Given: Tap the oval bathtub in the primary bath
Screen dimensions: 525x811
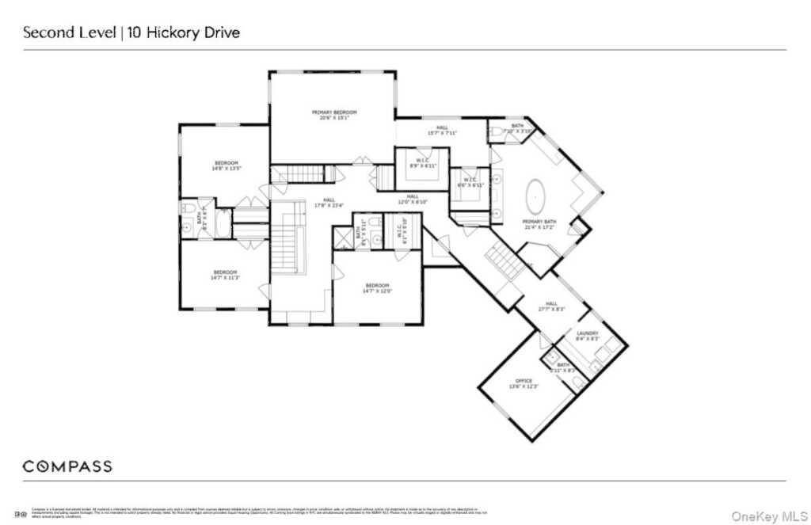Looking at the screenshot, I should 537,194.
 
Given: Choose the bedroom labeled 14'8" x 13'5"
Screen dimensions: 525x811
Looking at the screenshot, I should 226,165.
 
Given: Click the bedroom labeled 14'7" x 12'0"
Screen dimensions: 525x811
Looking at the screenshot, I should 377,287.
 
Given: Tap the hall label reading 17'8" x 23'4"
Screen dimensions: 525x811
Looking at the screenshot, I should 329,202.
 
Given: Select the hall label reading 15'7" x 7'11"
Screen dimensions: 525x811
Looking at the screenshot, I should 442,130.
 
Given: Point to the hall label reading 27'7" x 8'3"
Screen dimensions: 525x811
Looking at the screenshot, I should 551,306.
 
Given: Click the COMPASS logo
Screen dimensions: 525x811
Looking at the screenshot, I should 67,466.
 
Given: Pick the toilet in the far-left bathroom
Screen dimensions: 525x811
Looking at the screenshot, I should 188,209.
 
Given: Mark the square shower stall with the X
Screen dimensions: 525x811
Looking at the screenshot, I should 344,238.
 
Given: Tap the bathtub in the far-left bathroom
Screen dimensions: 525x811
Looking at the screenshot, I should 223,223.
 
